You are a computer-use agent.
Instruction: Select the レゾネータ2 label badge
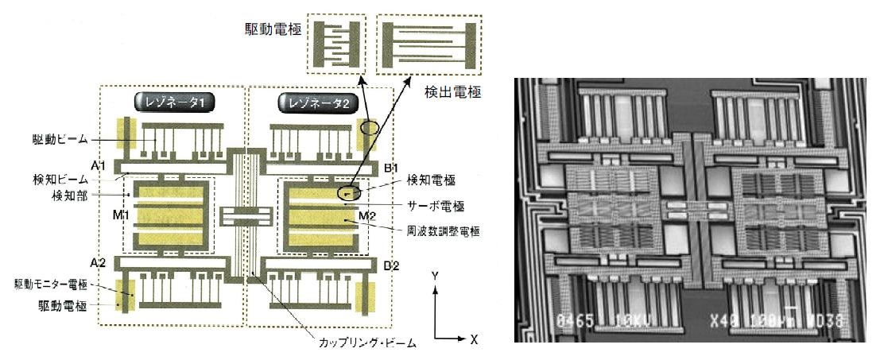coord(313,103)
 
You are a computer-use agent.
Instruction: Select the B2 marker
coord(391,265)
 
